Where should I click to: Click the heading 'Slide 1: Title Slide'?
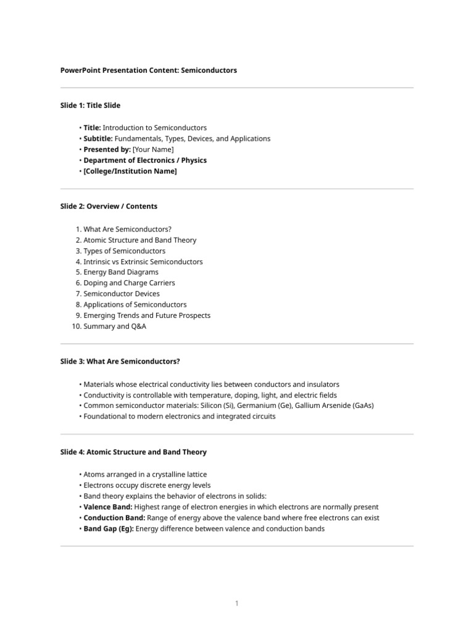click(90, 106)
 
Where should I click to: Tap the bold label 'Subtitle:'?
click(98, 138)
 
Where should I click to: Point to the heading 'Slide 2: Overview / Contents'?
click(109, 206)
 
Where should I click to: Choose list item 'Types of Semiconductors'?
click(124, 251)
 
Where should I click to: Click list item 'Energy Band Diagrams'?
click(121, 272)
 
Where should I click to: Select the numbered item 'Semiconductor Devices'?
click(121, 294)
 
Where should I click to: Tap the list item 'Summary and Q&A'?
click(115, 326)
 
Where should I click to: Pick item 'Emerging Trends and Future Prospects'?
click(147, 315)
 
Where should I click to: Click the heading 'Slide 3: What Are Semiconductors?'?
click(120, 360)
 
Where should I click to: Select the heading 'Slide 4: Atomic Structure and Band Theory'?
click(133, 452)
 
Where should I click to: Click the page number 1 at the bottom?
click(236, 603)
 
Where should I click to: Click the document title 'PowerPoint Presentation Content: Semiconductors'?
click(148, 70)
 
